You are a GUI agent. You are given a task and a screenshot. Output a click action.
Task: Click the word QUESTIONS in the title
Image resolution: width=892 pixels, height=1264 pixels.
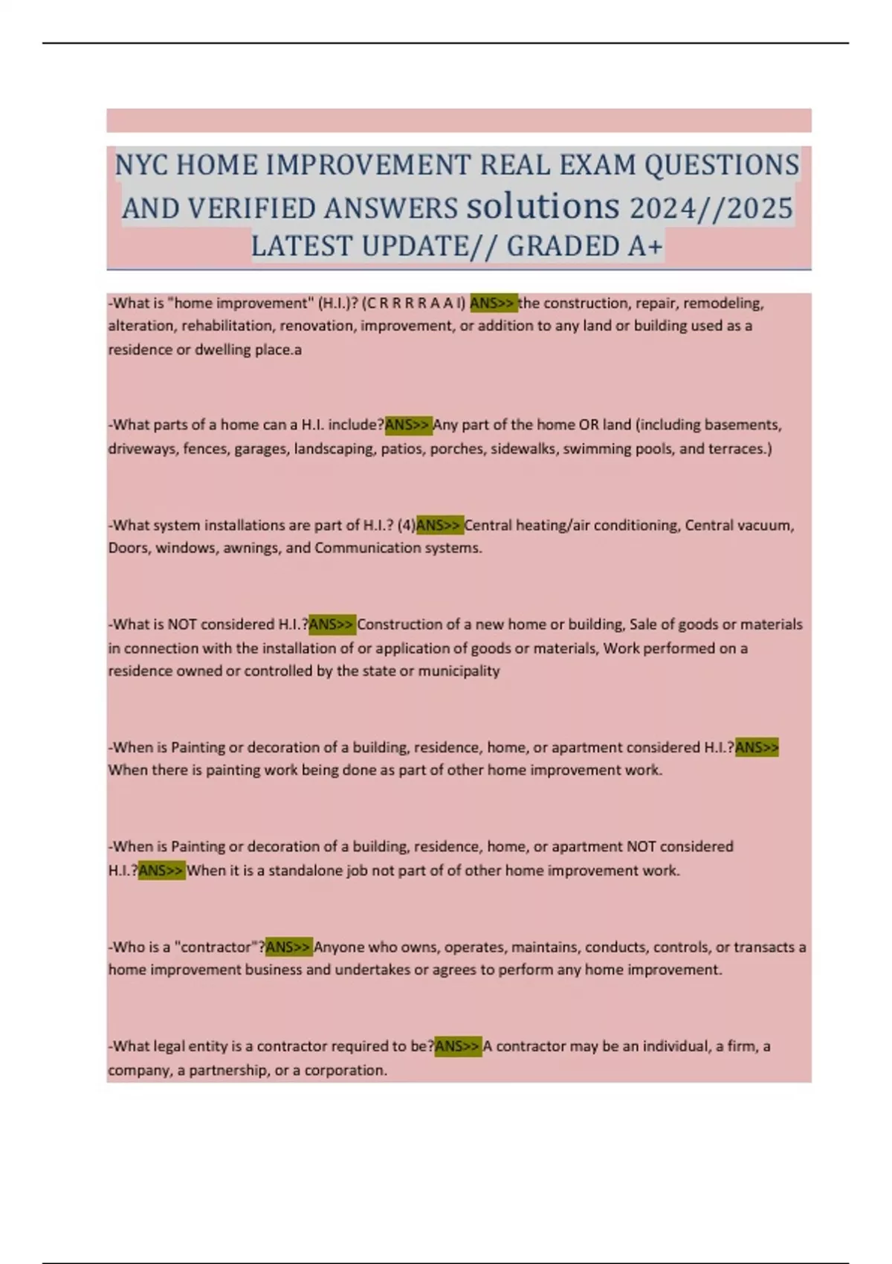pyautogui.click(x=722, y=164)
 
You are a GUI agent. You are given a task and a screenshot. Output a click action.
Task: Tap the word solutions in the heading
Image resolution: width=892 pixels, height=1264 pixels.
pyautogui.click(x=543, y=205)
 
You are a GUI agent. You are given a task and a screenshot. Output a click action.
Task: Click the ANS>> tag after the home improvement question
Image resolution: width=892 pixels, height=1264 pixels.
pyautogui.click(x=494, y=303)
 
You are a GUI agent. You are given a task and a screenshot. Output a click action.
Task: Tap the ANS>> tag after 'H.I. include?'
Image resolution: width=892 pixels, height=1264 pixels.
pyautogui.click(x=408, y=425)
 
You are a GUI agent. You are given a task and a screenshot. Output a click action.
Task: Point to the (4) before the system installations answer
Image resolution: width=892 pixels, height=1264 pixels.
pyautogui.click(x=407, y=525)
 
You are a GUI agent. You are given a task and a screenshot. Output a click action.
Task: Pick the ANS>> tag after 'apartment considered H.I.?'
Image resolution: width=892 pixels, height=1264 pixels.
pyautogui.click(x=757, y=747)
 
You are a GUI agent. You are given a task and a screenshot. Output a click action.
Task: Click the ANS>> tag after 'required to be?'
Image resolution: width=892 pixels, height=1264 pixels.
pyautogui.click(x=458, y=1046)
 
